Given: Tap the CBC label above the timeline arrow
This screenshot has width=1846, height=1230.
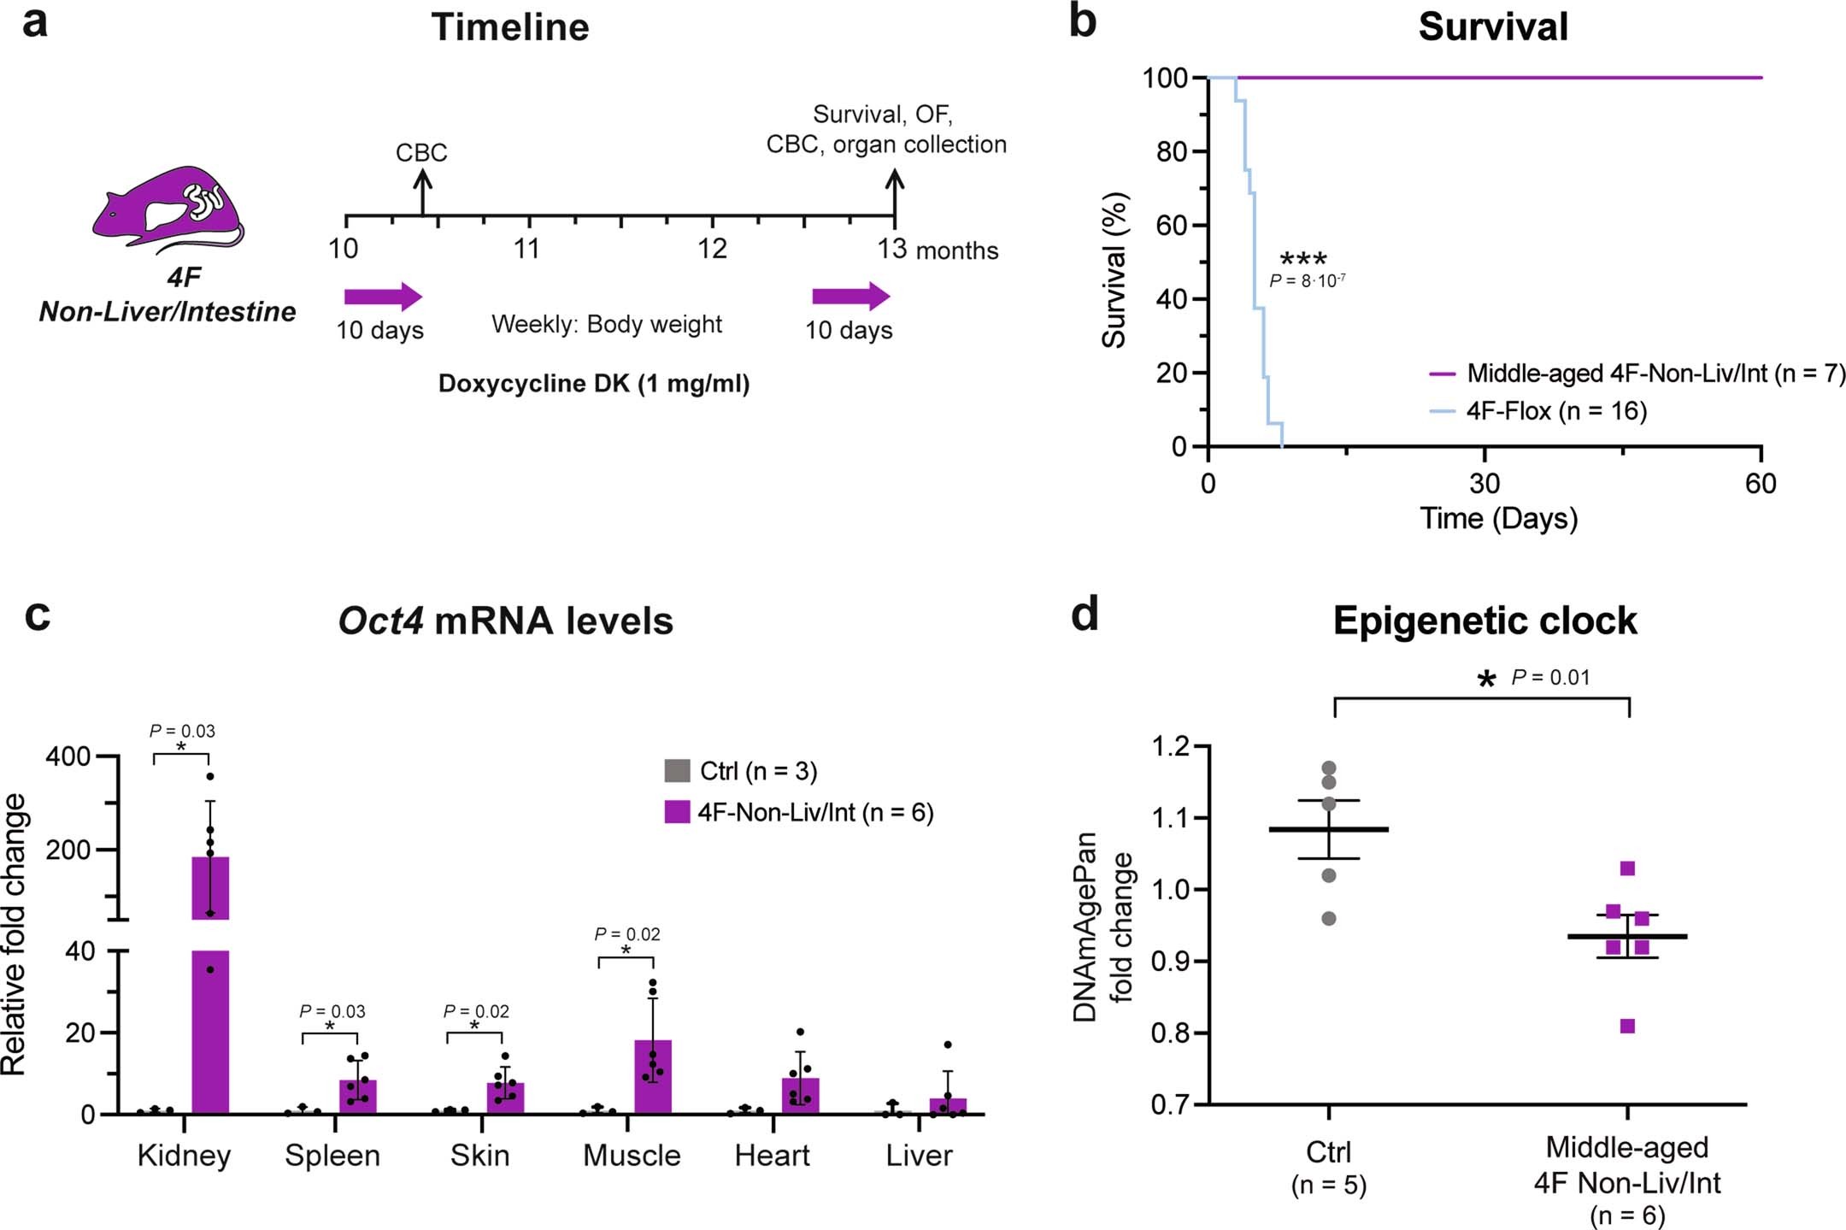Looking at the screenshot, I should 421,153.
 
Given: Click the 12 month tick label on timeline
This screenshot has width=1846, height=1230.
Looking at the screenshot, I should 712,249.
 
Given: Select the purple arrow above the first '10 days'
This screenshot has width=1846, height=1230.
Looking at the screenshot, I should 383,297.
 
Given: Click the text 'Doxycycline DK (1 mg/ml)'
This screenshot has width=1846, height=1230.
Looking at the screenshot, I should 594,384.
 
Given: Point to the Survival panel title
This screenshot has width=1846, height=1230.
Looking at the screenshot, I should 1493,26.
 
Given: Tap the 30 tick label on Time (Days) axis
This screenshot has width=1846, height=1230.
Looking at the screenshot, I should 1484,484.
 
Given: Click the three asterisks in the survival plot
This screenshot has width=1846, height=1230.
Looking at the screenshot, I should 1302,260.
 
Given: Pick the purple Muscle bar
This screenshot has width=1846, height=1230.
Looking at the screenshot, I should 653,1077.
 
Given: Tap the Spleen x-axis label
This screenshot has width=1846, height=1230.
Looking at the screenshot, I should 332,1156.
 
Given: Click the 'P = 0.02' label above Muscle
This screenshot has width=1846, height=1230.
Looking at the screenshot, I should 627,934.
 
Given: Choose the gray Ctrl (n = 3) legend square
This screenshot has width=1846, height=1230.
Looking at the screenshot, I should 677,770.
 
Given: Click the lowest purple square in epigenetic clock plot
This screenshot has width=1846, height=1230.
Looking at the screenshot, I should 1627,1026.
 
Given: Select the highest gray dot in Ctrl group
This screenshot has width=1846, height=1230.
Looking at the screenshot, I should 1329,768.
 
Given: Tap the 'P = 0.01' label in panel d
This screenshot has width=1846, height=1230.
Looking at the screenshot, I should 1550,678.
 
